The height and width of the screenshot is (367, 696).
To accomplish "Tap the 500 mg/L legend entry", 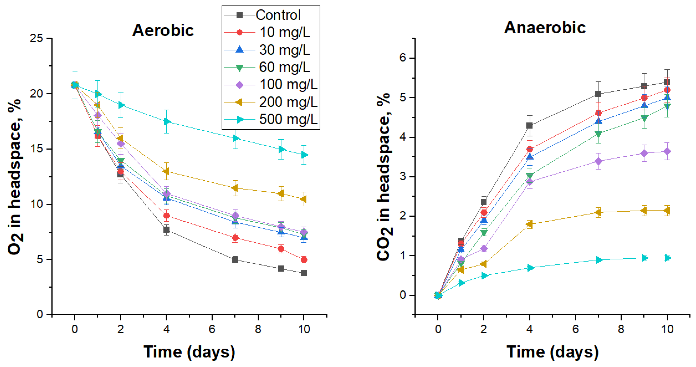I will (288, 119).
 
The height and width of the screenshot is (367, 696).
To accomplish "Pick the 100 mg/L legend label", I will (288, 85).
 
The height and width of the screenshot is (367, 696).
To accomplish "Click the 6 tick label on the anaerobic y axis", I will (403, 58).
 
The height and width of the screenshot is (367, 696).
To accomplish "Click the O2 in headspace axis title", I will (15, 177).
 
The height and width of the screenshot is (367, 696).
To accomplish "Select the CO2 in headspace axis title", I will (384, 177).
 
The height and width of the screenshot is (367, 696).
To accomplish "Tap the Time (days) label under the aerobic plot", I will (189, 352).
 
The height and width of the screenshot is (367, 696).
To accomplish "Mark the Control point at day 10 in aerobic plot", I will (304, 273).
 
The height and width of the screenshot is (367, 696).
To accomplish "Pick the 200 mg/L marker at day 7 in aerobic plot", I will (235, 188).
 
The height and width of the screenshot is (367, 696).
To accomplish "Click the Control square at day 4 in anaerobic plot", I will (530, 125).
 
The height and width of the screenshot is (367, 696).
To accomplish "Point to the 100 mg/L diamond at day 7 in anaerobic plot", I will (598, 161).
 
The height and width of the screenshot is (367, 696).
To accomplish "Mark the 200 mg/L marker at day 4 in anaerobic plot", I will (529, 224).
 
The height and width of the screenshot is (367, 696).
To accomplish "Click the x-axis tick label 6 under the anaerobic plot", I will (575, 329).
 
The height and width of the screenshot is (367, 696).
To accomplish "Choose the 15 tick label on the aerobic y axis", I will (36, 149).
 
